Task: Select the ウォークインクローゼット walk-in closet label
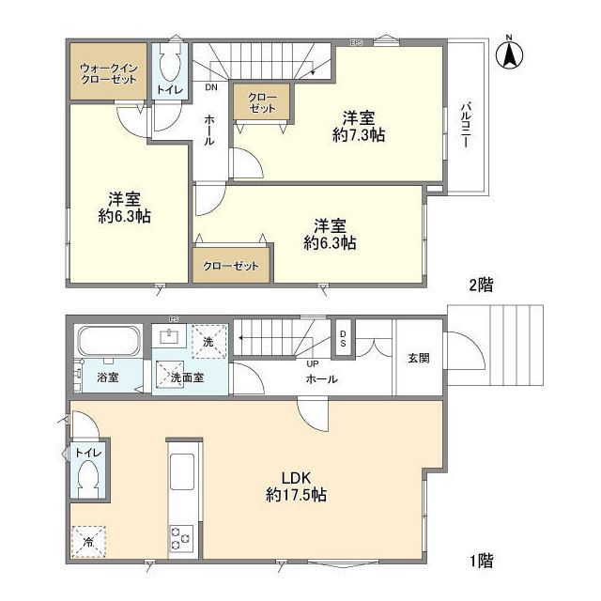point(105,72)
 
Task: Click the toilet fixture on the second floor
point(170,65)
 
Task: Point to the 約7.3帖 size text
point(358,134)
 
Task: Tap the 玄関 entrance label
point(419,357)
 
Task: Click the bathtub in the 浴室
point(108,340)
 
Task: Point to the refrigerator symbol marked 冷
point(87,540)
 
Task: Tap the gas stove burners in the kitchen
point(180,538)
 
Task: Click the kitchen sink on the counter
point(180,467)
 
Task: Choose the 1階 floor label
point(480,561)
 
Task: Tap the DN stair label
point(211,87)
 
